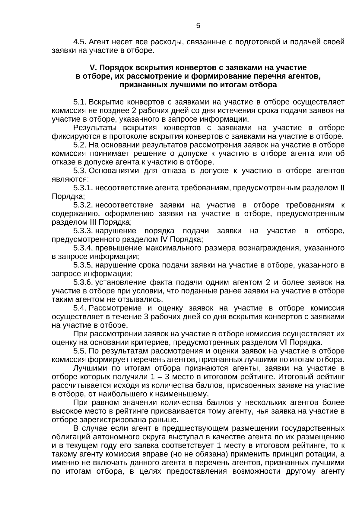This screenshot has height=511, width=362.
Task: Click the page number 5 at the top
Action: click(198, 26)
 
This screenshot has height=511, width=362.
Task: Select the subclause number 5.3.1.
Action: click(83, 188)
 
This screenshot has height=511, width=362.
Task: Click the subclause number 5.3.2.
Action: click(83, 205)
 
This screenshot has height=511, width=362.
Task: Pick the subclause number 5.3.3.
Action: click(83, 231)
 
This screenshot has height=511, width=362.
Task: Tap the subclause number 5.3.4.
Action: click(83, 248)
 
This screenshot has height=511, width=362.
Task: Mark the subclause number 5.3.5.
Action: click(83, 265)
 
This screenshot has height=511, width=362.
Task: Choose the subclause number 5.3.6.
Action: click(83, 283)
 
